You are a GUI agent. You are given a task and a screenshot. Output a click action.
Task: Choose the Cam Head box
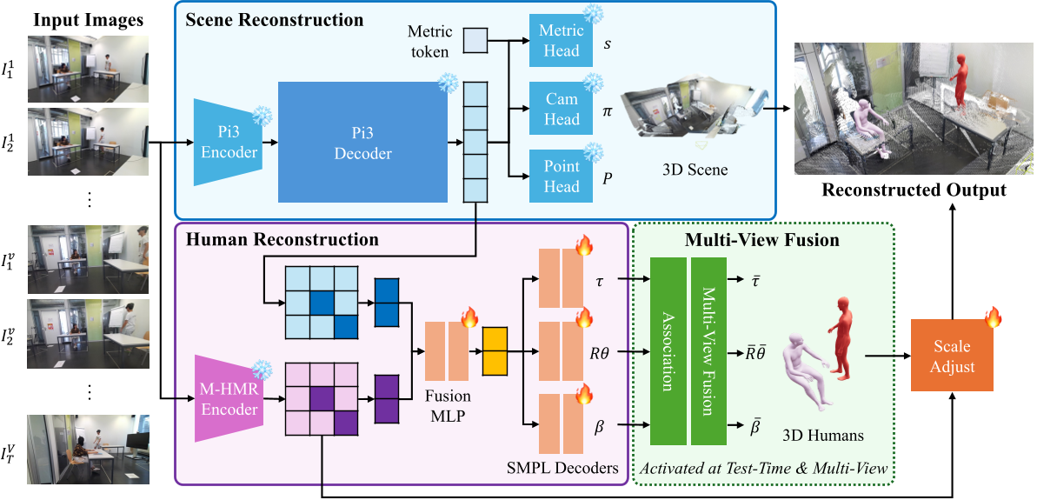[562, 110]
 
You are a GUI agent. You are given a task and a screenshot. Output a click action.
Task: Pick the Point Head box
[562, 177]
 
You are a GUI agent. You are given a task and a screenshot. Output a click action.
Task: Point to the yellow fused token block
[494, 352]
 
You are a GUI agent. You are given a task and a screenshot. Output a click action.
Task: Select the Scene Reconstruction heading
[275, 19]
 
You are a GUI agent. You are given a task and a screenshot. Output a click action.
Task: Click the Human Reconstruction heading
[283, 239]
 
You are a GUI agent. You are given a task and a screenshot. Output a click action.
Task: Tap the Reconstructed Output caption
[914, 190]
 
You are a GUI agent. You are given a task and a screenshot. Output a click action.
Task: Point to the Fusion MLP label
[448, 406]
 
